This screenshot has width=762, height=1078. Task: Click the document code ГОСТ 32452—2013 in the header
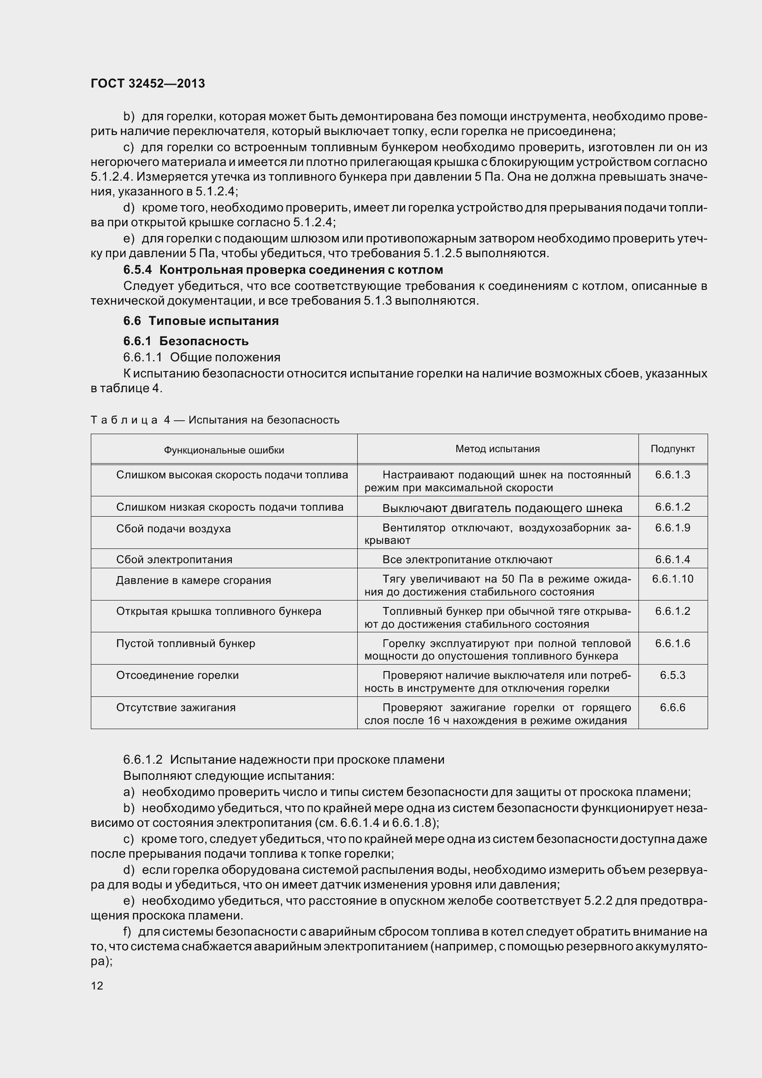pyautogui.click(x=148, y=83)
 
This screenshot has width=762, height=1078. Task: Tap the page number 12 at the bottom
pyautogui.click(x=97, y=985)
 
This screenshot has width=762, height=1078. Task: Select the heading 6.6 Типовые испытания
pyautogui.click(x=201, y=321)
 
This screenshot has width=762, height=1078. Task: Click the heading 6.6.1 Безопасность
pyautogui.click(x=186, y=341)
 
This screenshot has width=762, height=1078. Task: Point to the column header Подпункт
pyautogui.click(x=672, y=449)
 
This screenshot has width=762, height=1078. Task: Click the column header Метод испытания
pyautogui.click(x=497, y=449)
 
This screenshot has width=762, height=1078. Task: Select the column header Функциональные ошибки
pyautogui.click(x=224, y=450)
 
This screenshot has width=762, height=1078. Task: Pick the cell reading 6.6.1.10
pyautogui.click(x=672, y=579)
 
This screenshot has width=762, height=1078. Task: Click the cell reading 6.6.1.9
pyautogui.click(x=672, y=528)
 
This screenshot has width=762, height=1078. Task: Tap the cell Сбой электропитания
pyautogui.click(x=174, y=560)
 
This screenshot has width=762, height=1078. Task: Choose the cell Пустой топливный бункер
pyautogui.click(x=185, y=643)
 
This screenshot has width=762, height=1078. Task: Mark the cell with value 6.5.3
pyautogui.click(x=672, y=675)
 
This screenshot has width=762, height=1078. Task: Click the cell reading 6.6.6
pyautogui.click(x=672, y=707)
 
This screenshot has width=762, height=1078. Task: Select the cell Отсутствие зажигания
pyautogui.click(x=176, y=707)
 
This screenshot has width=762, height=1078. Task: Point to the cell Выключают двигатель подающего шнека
pyautogui.click(x=502, y=508)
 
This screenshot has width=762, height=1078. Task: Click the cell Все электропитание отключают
pyautogui.click(x=467, y=560)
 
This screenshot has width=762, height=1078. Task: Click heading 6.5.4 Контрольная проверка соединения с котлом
pyautogui.click(x=283, y=270)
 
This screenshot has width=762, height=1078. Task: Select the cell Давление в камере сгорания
pyautogui.click(x=194, y=580)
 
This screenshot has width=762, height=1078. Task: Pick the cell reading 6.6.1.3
pyautogui.click(x=672, y=475)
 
